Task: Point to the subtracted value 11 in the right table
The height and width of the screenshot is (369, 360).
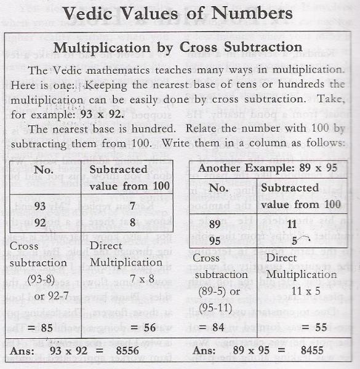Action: click(x=292, y=226)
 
